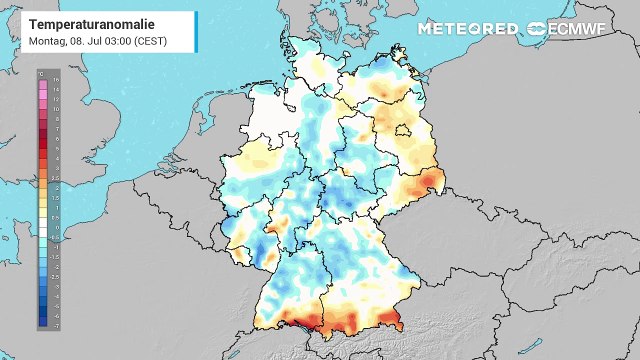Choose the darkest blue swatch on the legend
pyautogui.click(x=43, y=322)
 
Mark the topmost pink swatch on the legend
pyautogui.click(x=43, y=79)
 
